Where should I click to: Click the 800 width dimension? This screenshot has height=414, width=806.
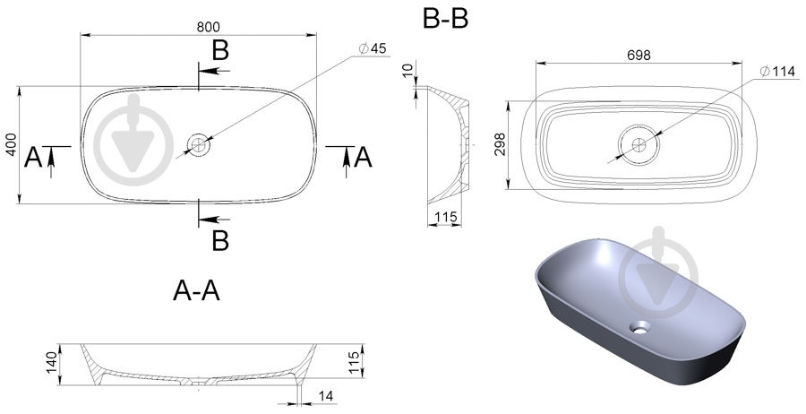[208, 27]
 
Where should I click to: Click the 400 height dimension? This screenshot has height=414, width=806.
[12, 145]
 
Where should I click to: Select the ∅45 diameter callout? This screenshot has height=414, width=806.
[373, 49]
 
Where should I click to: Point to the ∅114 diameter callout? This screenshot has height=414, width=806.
[777, 72]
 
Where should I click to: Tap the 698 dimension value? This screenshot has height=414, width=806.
[639, 55]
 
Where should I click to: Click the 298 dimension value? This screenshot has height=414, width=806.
[500, 144]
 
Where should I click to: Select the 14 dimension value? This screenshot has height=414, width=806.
[326, 396]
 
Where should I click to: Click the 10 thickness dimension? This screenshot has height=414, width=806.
[408, 71]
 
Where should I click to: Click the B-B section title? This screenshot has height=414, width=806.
[445, 20]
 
